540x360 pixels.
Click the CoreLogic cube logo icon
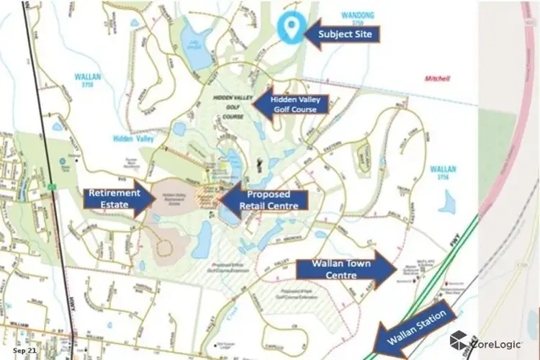pyautogui.click(x=458, y=340)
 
